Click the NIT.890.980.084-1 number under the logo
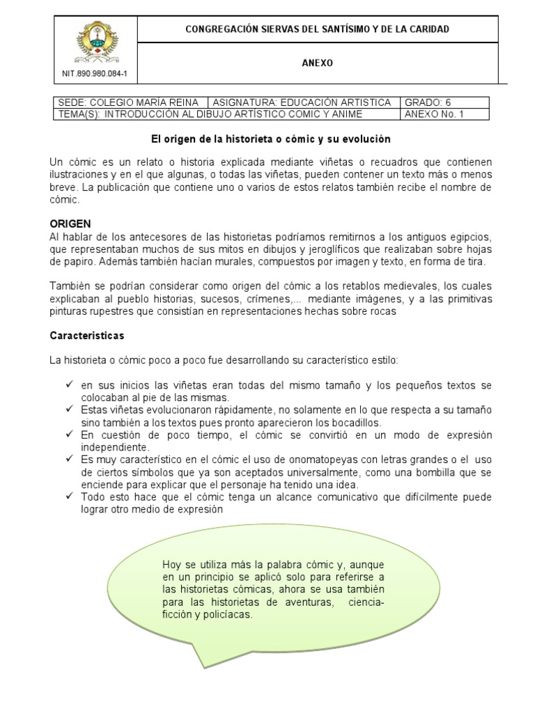point(96,72)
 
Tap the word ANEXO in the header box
point(317,63)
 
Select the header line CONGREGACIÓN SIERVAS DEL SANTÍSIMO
point(317,29)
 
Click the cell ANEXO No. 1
point(433,113)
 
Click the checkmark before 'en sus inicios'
point(69,384)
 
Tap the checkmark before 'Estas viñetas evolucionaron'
point(69,409)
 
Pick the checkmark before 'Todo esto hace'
point(69,497)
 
